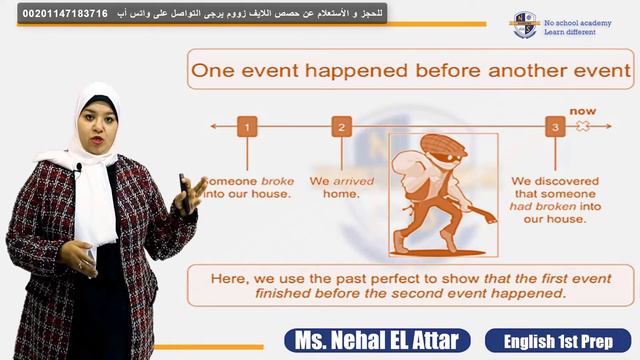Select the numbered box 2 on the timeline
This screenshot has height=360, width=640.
click(342, 127)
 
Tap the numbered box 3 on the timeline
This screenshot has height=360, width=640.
click(553, 127)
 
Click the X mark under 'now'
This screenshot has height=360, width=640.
click(580, 127)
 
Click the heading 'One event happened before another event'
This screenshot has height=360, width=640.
click(411, 71)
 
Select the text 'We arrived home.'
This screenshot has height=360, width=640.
click(337, 187)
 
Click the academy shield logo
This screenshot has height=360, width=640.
click(524, 24)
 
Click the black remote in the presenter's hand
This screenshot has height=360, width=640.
click(184, 190)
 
